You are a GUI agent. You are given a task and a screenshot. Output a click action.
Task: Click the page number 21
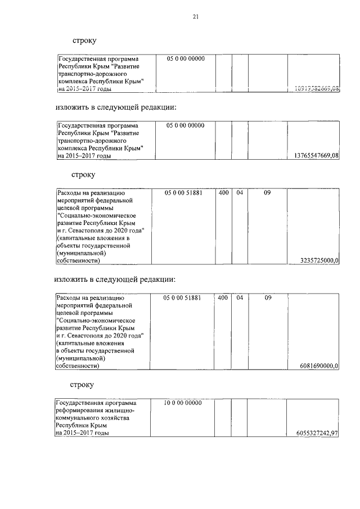pyautogui.click(x=195, y=17)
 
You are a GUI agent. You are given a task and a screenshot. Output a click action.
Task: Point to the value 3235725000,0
pyautogui.click(x=320, y=260)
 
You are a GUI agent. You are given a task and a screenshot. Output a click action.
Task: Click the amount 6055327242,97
pyautogui.click(x=317, y=434)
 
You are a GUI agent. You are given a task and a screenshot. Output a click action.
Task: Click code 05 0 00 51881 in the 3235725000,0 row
pyautogui.click(x=183, y=193)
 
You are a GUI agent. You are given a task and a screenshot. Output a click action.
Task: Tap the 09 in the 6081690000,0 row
pyautogui.click(x=268, y=298)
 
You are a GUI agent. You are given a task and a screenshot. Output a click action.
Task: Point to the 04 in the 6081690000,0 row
pyautogui.click(x=239, y=298)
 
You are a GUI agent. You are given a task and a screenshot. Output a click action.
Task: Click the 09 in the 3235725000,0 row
pyautogui.click(x=267, y=193)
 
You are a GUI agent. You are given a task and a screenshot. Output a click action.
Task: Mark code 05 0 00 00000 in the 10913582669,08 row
pyautogui.click(x=186, y=59)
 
